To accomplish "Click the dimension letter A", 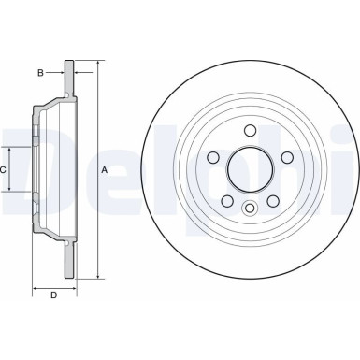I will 105,169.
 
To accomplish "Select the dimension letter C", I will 3,169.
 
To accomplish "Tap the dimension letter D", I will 53,297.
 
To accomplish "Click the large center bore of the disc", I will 251,168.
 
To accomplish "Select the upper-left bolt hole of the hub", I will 214,156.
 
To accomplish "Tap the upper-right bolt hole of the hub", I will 287,156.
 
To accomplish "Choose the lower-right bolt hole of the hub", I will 273,199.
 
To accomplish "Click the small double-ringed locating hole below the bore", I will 251,208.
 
